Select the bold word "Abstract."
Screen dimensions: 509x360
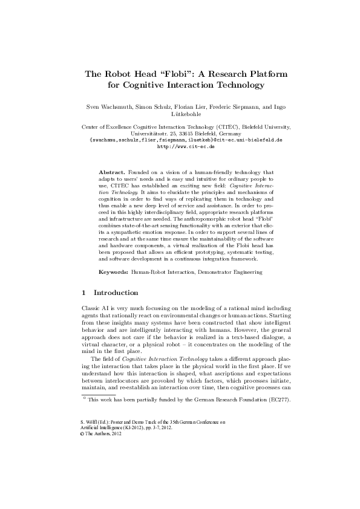pos(112,172)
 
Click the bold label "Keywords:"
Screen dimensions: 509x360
pos(114,273)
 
